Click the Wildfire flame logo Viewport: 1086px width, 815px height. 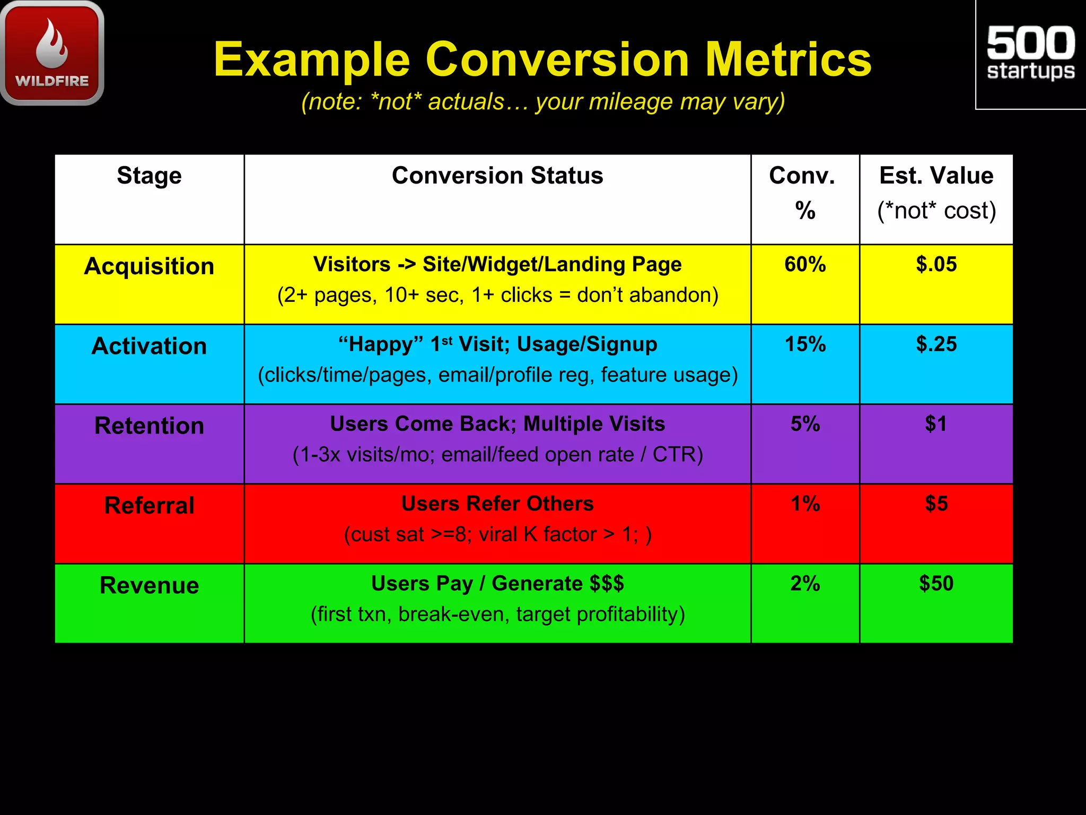(52, 52)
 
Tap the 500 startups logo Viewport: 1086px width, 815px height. (1030, 53)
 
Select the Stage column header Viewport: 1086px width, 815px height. (149, 176)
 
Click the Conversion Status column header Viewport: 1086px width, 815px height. (497, 176)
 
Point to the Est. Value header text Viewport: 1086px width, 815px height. (936, 176)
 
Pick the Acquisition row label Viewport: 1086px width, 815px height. (149, 266)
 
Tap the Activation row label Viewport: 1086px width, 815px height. (149, 346)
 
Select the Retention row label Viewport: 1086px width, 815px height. (149, 426)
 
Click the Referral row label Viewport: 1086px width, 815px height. (149, 505)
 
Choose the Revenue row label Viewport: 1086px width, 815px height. (149, 585)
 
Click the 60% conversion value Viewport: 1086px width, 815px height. (805, 264)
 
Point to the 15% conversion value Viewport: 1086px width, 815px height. (805, 344)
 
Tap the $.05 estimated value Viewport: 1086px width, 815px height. (936, 264)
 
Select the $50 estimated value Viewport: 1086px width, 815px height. (936, 583)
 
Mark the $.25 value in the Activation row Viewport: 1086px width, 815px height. (936, 344)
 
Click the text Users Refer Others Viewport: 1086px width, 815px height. (497, 504)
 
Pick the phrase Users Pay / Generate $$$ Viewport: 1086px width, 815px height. (497, 583)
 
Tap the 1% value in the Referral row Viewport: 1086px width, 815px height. (805, 504)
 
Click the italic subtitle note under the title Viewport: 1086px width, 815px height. (543, 101)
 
